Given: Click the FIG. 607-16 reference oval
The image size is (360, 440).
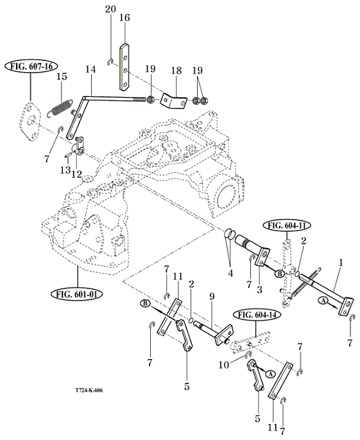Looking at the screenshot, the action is [x=31, y=67].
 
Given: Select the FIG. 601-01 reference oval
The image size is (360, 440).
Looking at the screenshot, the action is [x=76, y=294].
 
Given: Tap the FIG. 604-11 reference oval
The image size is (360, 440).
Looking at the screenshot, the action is [x=287, y=225].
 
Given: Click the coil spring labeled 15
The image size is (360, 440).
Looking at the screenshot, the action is [x=60, y=107].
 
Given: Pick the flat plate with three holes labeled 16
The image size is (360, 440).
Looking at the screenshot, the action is [x=124, y=67].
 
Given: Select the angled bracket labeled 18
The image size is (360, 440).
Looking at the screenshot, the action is [x=174, y=101].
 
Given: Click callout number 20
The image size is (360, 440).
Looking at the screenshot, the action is [x=110, y=9].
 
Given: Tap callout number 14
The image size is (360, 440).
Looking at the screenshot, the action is [x=90, y=69].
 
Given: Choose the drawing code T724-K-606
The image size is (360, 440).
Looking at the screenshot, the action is [x=89, y=391].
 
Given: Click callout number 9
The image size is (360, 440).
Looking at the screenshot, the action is [x=212, y=297].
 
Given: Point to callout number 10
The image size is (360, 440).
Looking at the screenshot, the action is [x=224, y=365].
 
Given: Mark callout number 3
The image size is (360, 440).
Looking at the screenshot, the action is [x=260, y=289].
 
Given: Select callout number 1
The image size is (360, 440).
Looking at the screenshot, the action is [x=341, y=263].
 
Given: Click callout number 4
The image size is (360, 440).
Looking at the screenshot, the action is [x=230, y=273].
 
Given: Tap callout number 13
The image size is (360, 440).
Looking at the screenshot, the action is [x=65, y=170].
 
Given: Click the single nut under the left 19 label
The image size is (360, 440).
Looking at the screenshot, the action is [x=150, y=99].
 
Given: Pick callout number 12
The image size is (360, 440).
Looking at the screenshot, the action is [x=76, y=174].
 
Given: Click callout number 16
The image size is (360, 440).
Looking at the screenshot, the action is [x=124, y=18].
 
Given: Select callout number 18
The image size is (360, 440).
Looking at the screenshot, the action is [x=176, y=71].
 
